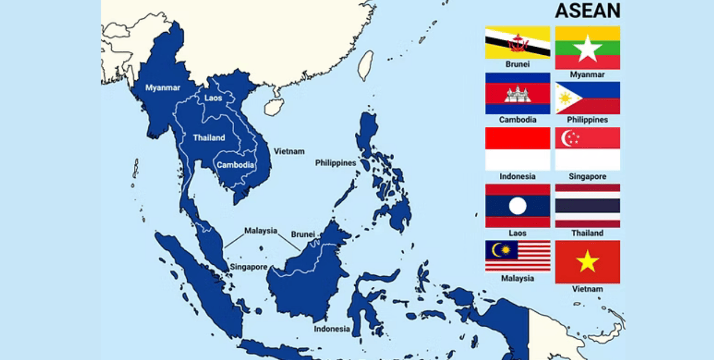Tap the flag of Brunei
pos(518,43)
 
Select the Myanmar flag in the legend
pos(587,48)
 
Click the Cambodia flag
pos(518,93)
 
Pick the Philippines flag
pos(587,98)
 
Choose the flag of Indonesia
pos(518,149)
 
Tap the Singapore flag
pos(587,149)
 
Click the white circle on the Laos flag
pos(518,206)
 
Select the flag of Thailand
pos(587,206)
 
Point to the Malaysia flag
pos(518,256)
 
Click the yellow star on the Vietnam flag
pos(587,261)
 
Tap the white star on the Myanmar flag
pos(587,49)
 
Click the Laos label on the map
pos(213,98)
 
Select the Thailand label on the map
pos(209,138)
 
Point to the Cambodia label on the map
pos(235,165)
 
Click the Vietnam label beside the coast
pos(289,151)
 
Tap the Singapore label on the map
pos(249,267)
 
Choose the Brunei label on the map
pos(303,234)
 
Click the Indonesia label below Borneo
pos(332,329)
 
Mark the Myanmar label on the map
pos(163,88)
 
